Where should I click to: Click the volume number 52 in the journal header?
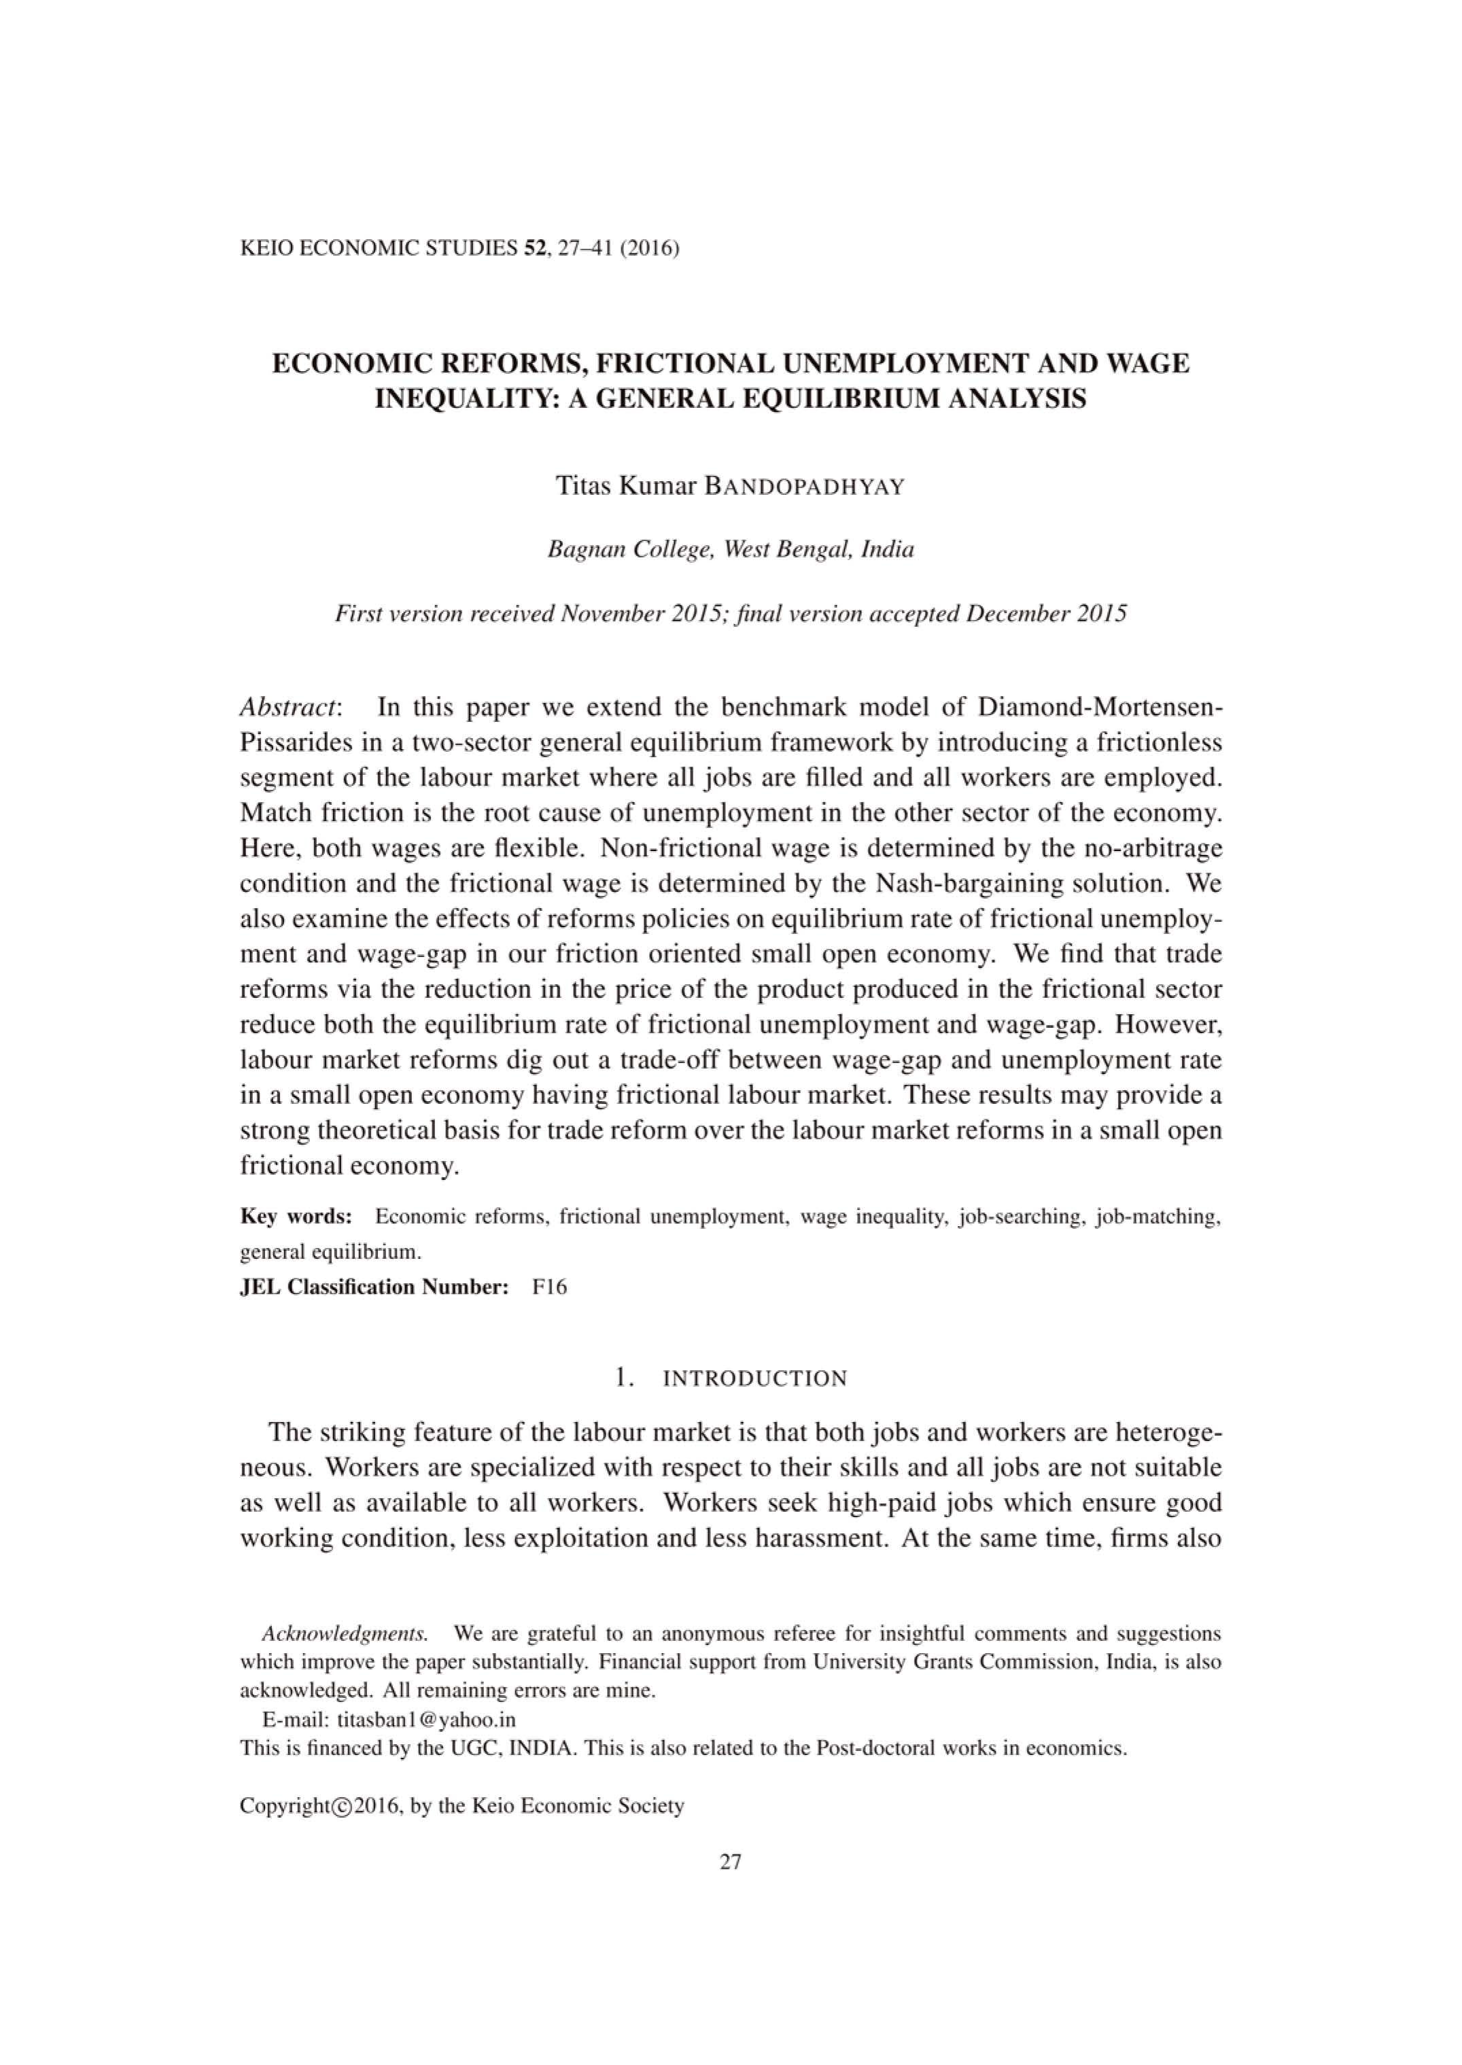coord(532,249)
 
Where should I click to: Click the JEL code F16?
coord(550,1286)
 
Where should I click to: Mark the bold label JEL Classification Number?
coord(375,1286)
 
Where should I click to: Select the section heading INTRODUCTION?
coord(754,1379)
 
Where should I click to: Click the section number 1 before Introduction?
coord(621,1378)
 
